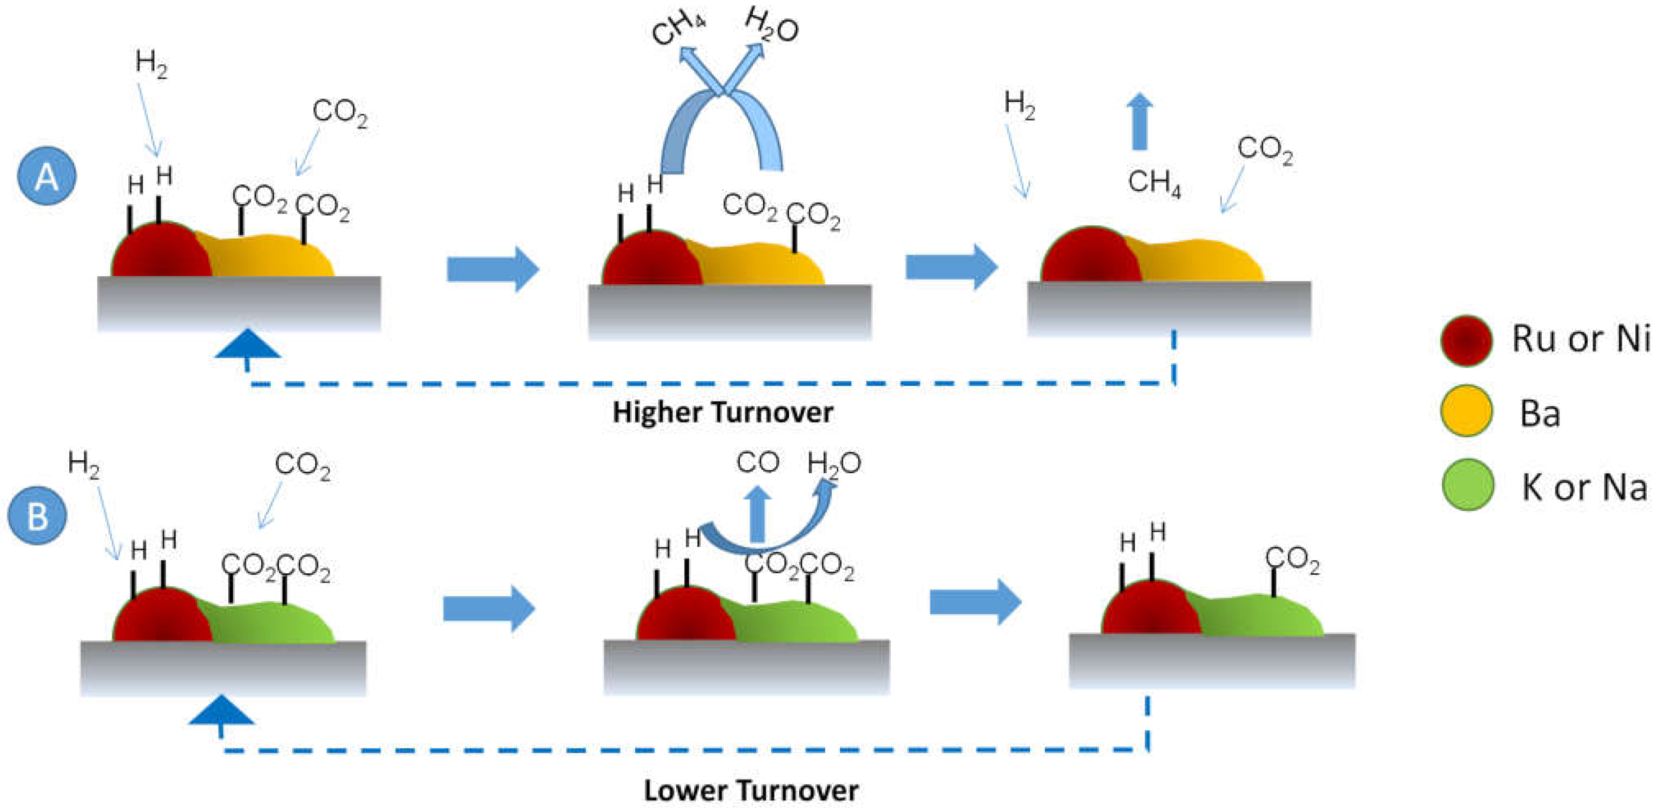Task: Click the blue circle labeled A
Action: coord(46,175)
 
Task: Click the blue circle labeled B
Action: coord(37,515)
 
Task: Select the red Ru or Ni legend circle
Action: coord(1466,341)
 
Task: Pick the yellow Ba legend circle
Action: coord(1466,410)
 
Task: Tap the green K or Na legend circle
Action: coord(1467,485)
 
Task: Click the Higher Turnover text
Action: coord(722,412)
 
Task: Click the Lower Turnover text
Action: coord(750,791)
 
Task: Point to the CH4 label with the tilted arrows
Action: coord(678,29)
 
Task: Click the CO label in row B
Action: coord(757,462)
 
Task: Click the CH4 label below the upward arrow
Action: coord(1154,182)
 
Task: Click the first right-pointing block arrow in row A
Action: coord(493,268)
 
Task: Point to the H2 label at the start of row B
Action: coord(84,464)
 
